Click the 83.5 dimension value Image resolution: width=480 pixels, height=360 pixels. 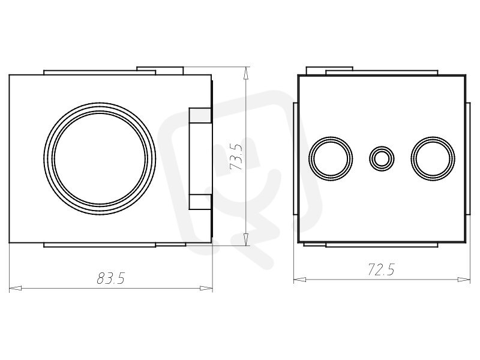[x=111, y=278]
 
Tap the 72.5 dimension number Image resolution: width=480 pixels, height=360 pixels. [x=381, y=269]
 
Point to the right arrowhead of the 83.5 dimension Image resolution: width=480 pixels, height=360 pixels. [x=206, y=288]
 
